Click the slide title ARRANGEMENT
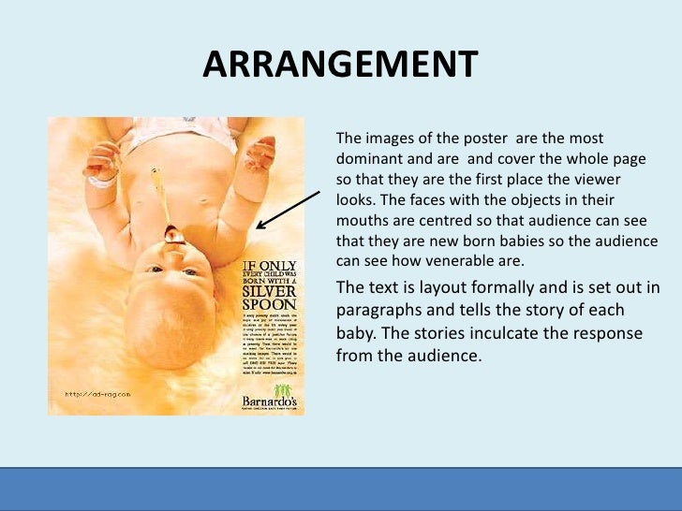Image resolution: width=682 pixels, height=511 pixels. tap(340, 66)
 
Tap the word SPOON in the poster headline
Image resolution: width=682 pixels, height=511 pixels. tap(267, 304)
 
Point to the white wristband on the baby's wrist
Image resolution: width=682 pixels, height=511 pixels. tap(100, 181)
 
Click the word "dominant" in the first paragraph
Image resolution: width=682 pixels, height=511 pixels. tap(369, 157)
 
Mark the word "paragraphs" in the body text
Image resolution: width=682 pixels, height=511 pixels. tap(380, 311)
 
